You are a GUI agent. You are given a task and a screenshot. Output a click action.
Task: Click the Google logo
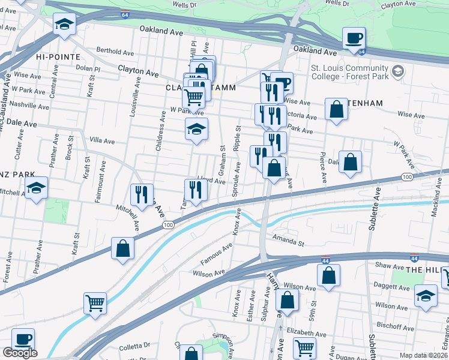click(x=20, y=353)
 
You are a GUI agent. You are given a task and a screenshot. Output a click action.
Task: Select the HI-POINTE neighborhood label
click(x=58, y=56)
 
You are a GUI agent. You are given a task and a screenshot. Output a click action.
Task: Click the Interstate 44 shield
click(x=414, y=257)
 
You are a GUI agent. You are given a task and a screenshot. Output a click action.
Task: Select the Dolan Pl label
click(x=87, y=69)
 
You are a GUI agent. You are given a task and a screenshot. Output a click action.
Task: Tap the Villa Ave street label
click(x=101, y=141)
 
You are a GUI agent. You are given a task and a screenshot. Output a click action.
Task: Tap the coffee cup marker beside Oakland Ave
click(x=353, y=40)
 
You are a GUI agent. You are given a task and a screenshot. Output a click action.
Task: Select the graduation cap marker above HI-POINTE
click(x=64, y=25)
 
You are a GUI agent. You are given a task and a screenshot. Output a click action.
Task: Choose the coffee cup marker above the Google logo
click(x=23, y=340)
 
